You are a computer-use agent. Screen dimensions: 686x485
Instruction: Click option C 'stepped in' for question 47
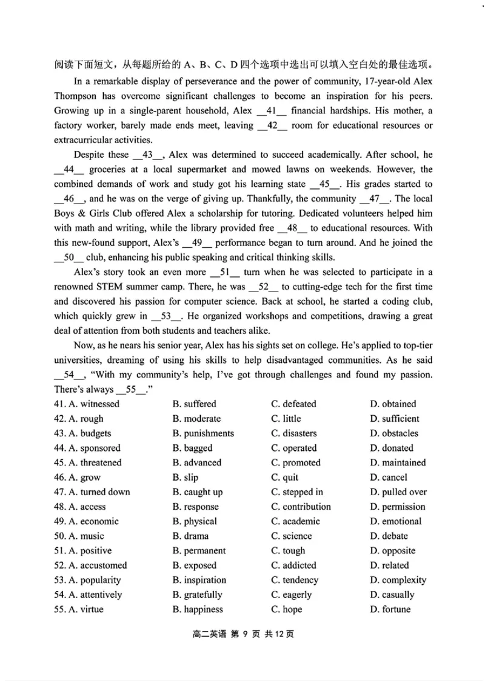(x=297, y=492)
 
